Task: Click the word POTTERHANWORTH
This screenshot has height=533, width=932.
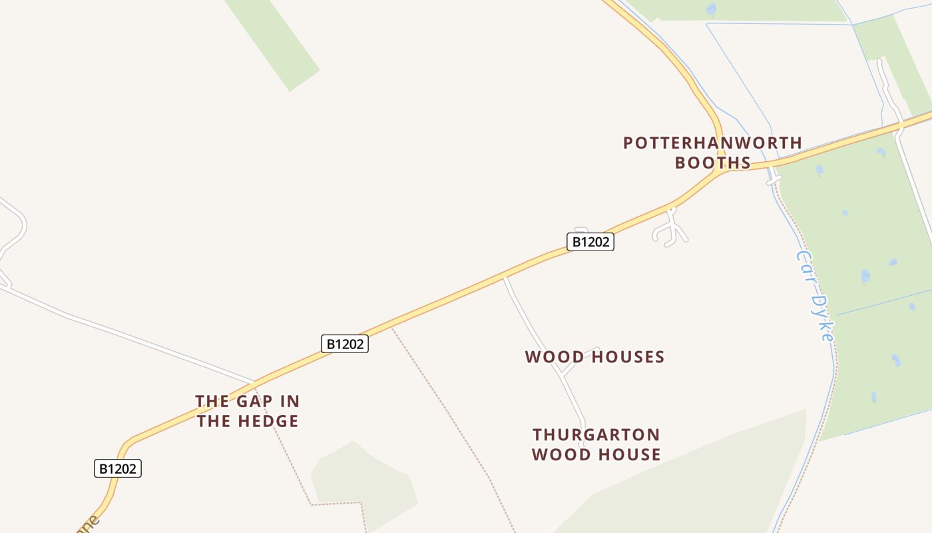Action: coord(712,143)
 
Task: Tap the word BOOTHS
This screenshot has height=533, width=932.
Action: coord(712,163)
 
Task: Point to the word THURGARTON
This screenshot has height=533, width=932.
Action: coord(596,435)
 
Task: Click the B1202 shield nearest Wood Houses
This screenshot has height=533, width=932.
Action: coord(590,242)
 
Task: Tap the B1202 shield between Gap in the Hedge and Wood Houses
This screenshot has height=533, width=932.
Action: coord(344,344)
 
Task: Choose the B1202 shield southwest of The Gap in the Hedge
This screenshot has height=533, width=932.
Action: coord(118,468)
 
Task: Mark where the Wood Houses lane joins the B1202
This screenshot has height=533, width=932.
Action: coord(505,277)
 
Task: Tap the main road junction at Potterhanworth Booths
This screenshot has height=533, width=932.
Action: coord(721,170)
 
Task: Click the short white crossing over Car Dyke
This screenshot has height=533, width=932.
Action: coord(773,180)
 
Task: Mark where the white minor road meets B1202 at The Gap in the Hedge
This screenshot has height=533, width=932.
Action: coord(254,384)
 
